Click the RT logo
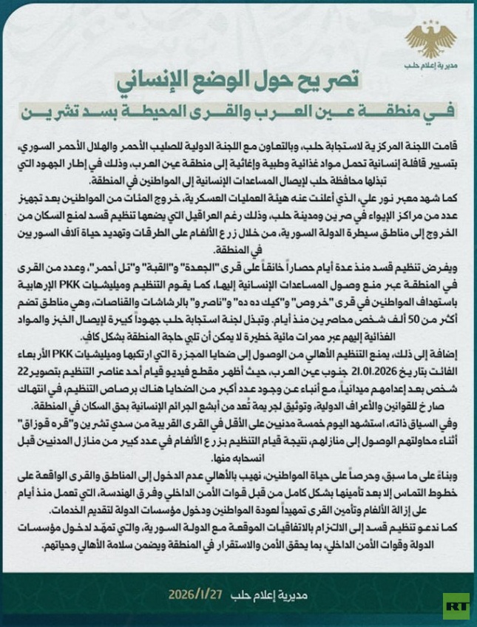(456, 606)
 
